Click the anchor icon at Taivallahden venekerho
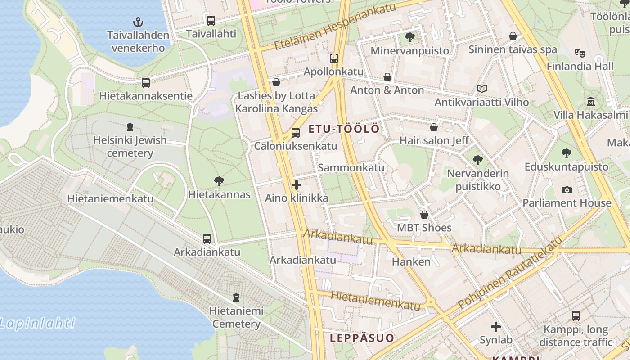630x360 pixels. (x=138, y=22)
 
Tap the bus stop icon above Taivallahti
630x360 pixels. (x=211, y=20)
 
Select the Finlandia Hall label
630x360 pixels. (x=580, y=66)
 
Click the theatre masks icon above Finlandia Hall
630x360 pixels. (x=580, y=53)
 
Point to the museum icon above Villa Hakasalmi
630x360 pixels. (x=590, y=101)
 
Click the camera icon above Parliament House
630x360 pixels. (x=567, y=190)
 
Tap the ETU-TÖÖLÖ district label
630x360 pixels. (x=344, y=129)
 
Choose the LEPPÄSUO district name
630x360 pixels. (x=362, y=338)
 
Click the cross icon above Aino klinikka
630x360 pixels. (x=297, y=185)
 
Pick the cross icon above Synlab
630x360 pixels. (x=496, y=327)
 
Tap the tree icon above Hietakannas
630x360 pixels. (x=219, y=181)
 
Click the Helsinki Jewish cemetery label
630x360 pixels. (x=130, y=146)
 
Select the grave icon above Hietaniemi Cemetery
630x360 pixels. (x=236, y=297)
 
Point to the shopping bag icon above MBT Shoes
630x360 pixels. (x=424, y=215)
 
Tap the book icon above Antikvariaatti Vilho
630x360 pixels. (x=481, y=89)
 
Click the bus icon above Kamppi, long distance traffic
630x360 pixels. (x=576, y=316)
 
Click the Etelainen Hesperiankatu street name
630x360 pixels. (x=335, y=26)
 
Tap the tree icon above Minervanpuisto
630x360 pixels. (x=409, y=37)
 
